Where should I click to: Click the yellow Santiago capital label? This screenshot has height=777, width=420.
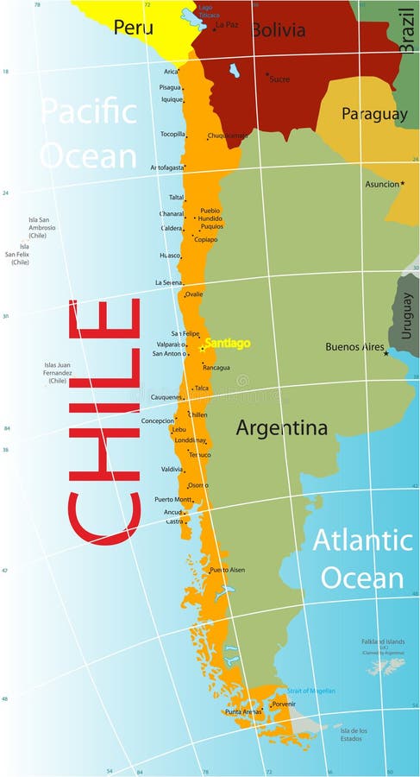point(227,343)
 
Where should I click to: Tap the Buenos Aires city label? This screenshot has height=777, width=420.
point(354,347)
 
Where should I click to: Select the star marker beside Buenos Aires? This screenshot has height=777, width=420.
point(386,353)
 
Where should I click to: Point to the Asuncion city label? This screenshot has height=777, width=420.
point(382,184)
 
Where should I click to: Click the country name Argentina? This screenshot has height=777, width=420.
point(281,427)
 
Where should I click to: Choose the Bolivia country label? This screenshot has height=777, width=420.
point(278,30)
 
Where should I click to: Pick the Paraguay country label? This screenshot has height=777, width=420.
point(373,114)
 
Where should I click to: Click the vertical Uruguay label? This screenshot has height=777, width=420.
point(407,315)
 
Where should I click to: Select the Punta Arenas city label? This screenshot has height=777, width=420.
point(243,712)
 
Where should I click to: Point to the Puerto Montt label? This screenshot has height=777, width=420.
point(172,499)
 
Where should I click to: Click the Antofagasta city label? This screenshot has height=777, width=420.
point(167,167)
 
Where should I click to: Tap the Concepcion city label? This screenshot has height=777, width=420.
point(158,420)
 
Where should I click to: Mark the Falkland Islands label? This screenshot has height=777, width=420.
point(383,642)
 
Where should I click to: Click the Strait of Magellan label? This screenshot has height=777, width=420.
point(310,691)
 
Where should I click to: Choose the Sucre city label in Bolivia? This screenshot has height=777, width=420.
point(279,79)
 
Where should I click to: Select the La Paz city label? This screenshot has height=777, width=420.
point(227,25)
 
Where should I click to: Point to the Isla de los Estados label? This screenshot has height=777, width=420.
point(353,733)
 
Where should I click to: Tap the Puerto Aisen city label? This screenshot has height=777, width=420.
point(227,570)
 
